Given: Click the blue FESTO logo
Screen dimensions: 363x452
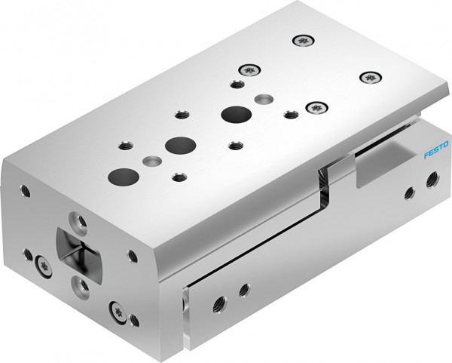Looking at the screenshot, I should click(435, 148).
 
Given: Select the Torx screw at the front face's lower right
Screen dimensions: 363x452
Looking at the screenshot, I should click(117, 309).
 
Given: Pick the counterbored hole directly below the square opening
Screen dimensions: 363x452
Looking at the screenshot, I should click(78, 284).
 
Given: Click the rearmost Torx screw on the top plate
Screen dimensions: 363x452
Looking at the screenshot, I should click(303, 41).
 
